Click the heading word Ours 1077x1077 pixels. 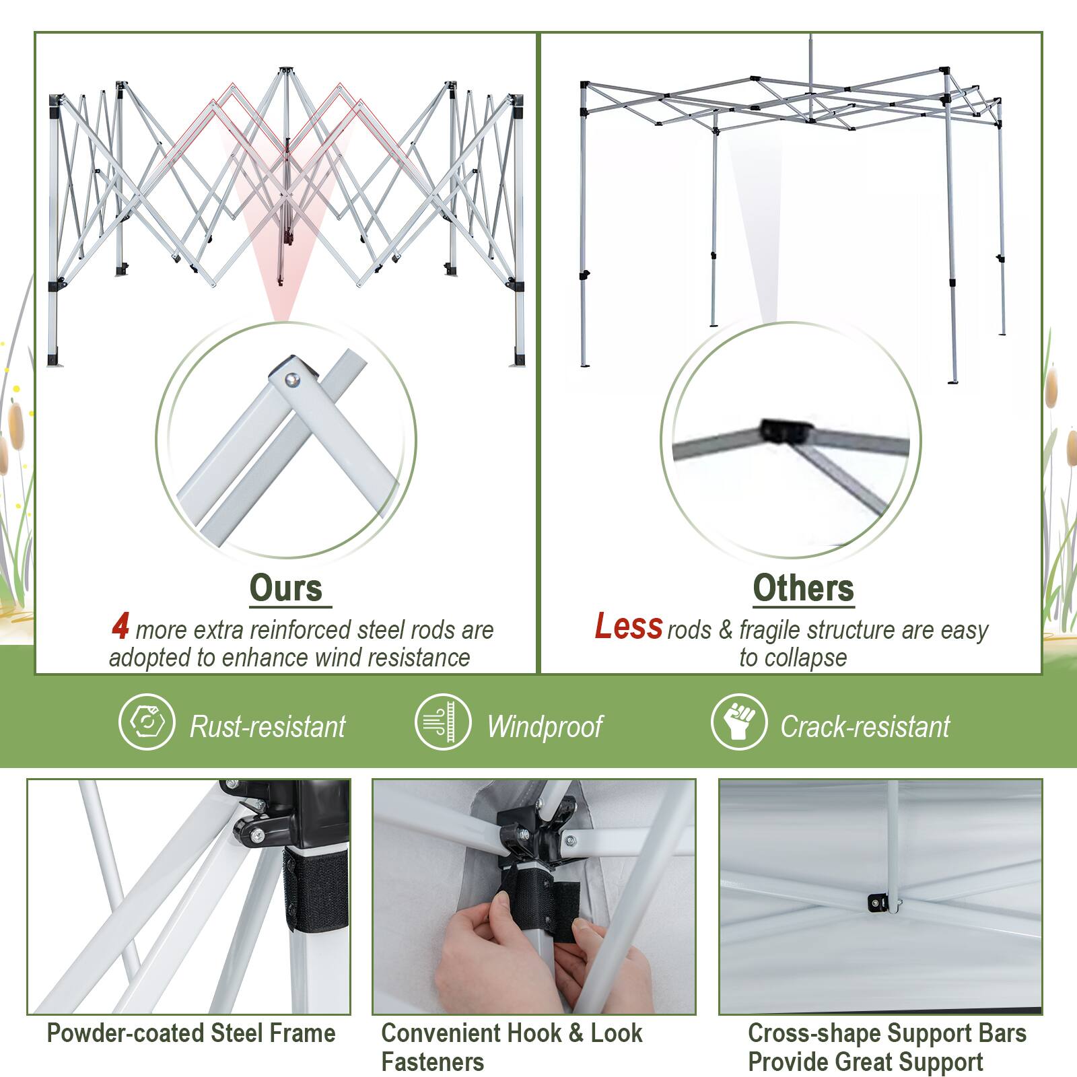coord(286,588)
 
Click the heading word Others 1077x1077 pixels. coord(803,588)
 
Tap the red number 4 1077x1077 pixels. coord(120,627)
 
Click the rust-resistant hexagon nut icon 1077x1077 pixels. coord(147,722)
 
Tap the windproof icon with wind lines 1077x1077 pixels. coord(442,722)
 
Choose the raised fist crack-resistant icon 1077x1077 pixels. coord(738,722)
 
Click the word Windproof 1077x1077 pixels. coord(545,727)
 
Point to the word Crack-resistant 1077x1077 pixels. coord(865,727)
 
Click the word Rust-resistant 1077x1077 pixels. coord(267,727)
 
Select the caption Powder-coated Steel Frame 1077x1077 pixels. coord(191,1033)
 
